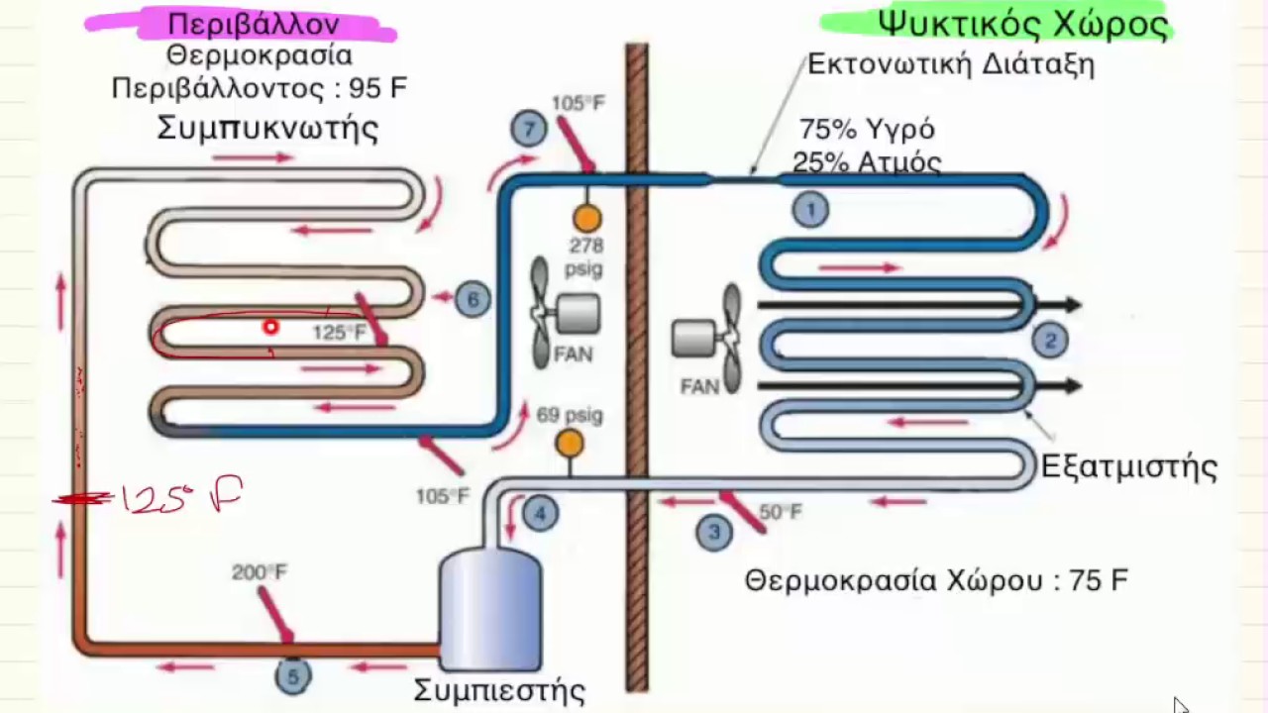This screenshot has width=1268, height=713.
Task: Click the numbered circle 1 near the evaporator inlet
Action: [x=810, y=209]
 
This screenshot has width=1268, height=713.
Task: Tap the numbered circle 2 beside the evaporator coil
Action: [x=1050, y=341]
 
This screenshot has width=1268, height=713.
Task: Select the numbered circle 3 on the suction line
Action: [x=713, y=533]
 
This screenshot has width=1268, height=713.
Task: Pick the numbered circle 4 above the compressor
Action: [x=540, y=513]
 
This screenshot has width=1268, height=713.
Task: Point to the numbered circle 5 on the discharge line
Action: [x=292, y=676]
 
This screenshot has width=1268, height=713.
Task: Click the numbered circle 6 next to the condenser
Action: [x=473, y=299]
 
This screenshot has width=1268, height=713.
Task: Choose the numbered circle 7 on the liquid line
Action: [x=529, y=130]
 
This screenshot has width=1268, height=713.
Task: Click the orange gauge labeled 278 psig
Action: [x=586, y=218]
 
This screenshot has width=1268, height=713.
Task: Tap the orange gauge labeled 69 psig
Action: [x=570, y=444]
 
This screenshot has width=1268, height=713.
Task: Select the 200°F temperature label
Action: [x=260, y=572]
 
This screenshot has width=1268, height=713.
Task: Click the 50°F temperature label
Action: [x=781, y=512]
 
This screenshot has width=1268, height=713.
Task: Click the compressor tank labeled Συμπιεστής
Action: [x=490, y=609]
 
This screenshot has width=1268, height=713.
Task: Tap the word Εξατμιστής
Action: [x=1128, y=465]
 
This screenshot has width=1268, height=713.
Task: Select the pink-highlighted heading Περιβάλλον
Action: [x=254, y=24]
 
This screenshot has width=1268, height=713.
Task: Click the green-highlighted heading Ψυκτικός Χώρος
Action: [x=1022, y=23]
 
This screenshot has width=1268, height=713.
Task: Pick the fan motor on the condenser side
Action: [x=577, y=314]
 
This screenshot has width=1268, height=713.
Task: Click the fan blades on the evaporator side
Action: [x=731, y=338]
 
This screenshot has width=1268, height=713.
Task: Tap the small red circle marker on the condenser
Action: [x=269, y=327]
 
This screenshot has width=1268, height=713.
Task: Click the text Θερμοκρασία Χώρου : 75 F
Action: [x=936, y=580]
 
